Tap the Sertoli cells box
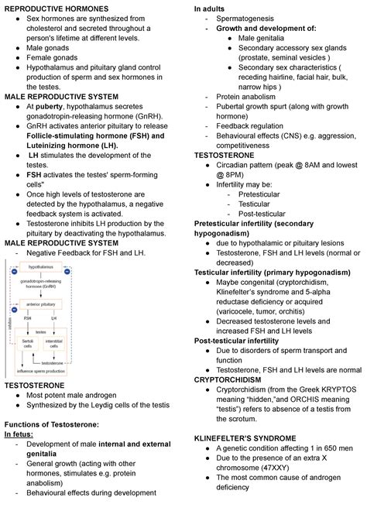point(28,343)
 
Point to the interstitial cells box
point(54,343)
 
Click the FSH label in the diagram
point(28,317)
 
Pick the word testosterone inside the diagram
point(52,362)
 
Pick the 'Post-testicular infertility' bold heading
point(236,341)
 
